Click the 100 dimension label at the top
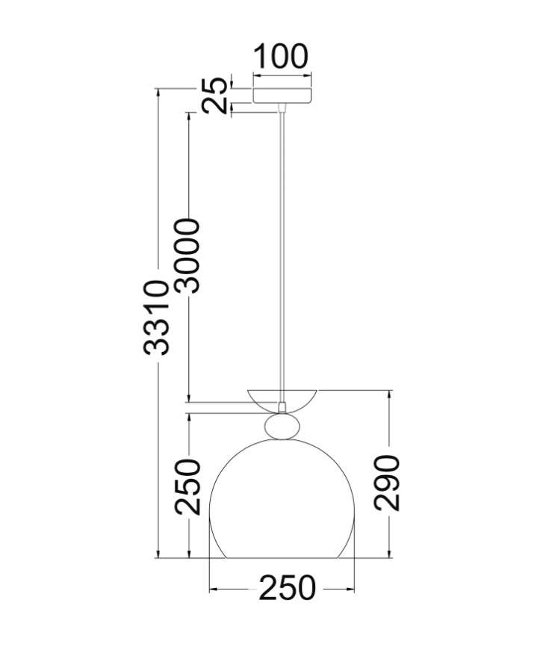click(x=281, y=56)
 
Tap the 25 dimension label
click(x=215, y=96)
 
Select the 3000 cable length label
click(x=187, y=256)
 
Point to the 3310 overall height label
click(x=156, y=318)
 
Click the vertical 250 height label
click(x=187, y=486)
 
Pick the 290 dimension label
click(x=387, y=483)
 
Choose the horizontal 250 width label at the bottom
click(x=288, y=588)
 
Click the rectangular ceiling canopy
click(x=282, y=96)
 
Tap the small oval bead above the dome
click(x=282, y=426)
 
